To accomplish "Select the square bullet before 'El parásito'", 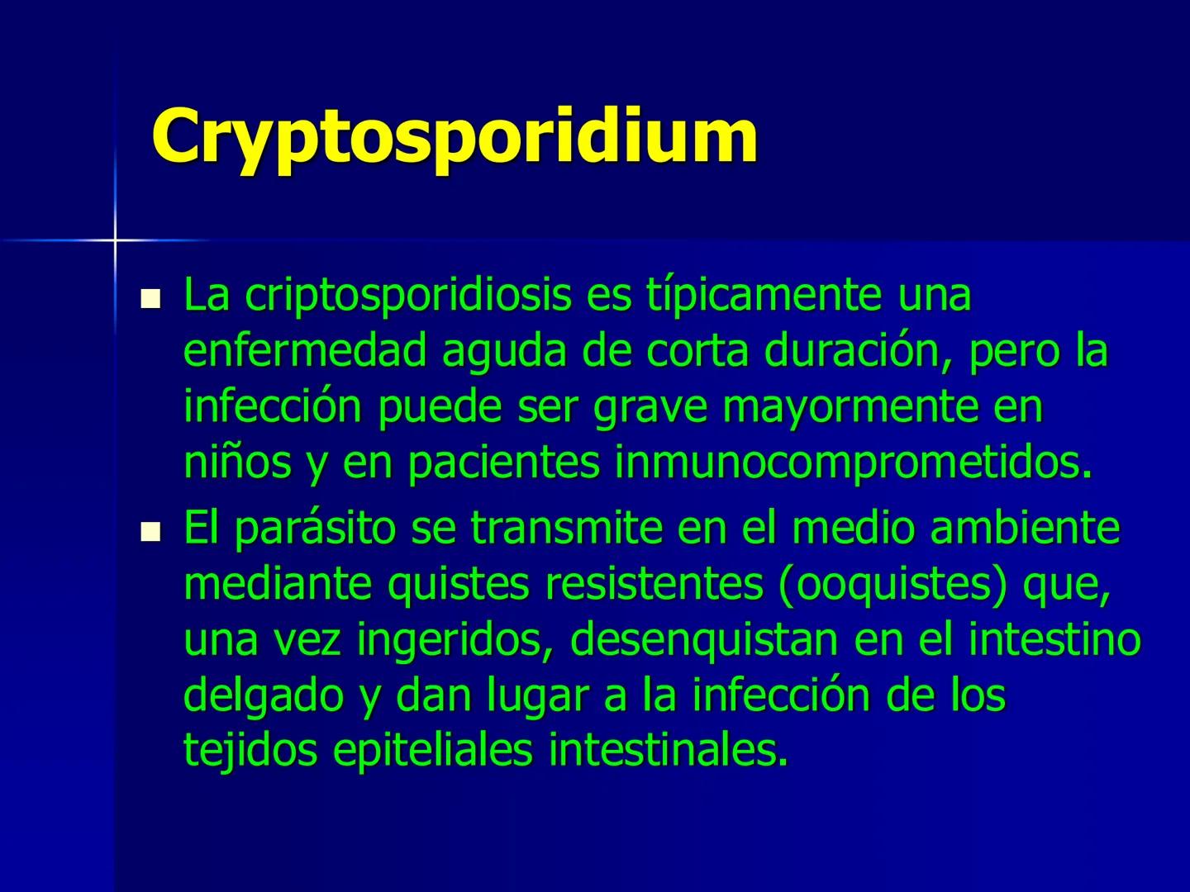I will (150, 531).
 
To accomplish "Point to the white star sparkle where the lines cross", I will (115, 240).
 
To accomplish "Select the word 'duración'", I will (852, 351).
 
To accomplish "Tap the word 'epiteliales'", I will (434, 751).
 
